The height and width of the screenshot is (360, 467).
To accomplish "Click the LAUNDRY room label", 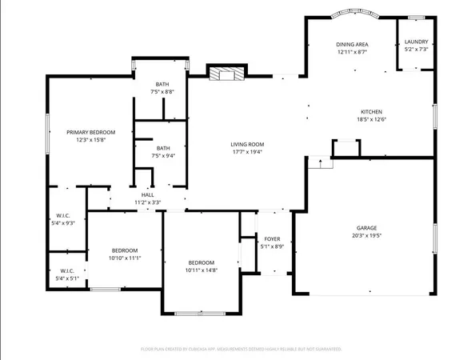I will tap(416, 42).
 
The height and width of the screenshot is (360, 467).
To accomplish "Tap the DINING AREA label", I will tap(352, 44).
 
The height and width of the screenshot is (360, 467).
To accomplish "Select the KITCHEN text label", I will tap(371, 112).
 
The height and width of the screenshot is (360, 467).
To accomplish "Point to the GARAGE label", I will tap(367, 228).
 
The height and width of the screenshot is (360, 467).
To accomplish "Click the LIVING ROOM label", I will tap(248, 145).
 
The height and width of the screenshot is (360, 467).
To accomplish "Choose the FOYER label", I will tap(273, 238).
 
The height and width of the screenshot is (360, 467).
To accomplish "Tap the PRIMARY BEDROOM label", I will tap(80, 132).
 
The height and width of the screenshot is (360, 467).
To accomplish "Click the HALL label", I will tap(148, 195).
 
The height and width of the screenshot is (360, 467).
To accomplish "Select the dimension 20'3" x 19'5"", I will tap(367, 236).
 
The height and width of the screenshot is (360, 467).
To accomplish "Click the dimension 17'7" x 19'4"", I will tap(248, 152).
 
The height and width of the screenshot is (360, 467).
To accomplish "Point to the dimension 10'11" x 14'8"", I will tap(202, 270).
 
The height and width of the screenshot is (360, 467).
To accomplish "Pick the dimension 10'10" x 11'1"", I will tap(125, 258).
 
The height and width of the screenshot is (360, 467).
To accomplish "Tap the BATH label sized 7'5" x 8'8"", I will tap(162, 85).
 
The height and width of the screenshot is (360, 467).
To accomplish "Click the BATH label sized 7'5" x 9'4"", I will tap(163, 148).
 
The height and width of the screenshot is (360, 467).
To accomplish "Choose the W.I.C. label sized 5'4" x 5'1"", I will tap(67, 271).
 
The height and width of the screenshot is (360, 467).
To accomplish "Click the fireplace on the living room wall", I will tap(225, 75).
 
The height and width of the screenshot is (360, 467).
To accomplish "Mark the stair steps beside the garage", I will tap(320, 163).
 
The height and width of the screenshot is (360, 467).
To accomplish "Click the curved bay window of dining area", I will tap(352, 14).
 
